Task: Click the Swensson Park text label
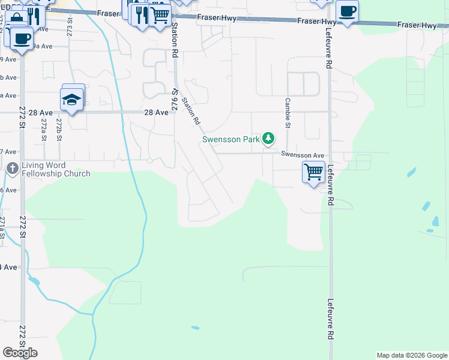[x=231, y=140]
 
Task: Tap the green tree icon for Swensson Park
[x=268, y=139]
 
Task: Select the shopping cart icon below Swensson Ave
[x=313, y=172]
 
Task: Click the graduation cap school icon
[x=71, y=100]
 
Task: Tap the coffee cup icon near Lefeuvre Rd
[x=347, y=11]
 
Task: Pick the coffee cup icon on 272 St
[x=22, y=39]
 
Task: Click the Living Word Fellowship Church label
[x=55, y=170]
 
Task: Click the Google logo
[x=20, y=353]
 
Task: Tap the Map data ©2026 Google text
[x=412, y=355]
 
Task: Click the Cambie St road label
[x=288, y=113]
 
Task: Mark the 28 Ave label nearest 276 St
[x=156, y=112]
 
